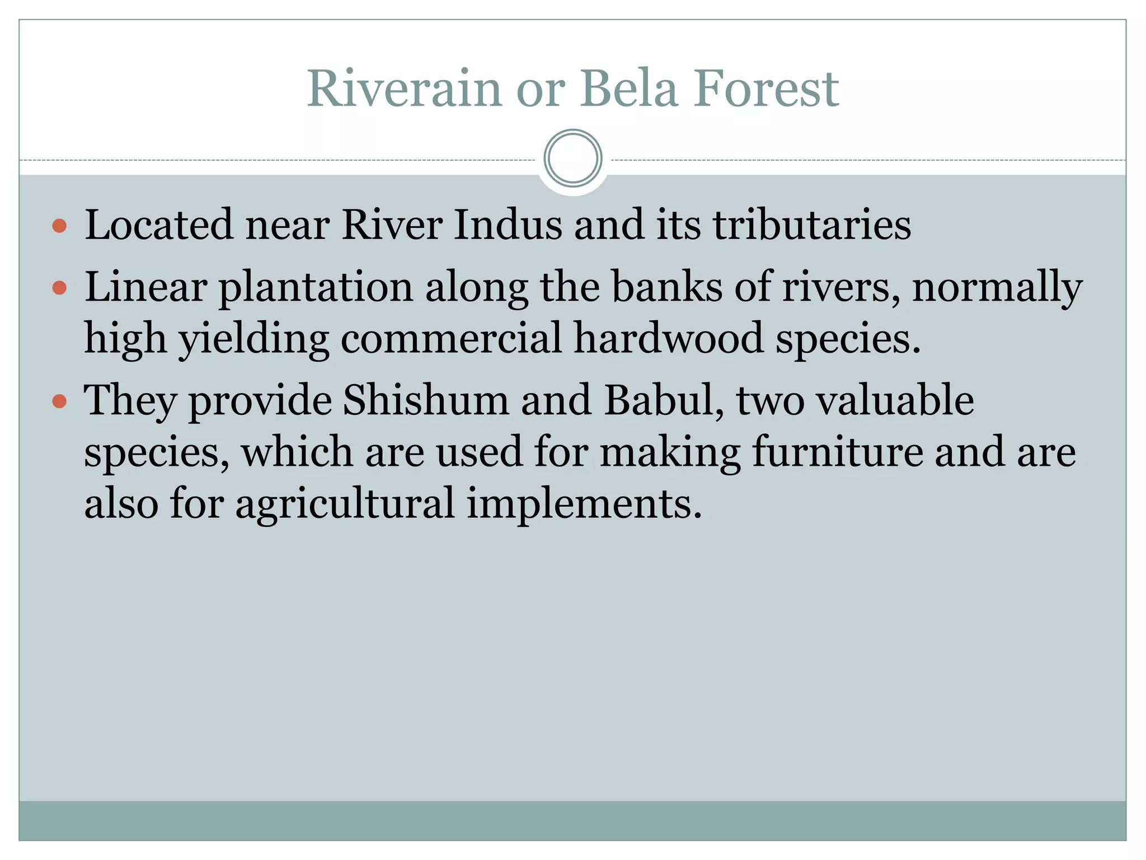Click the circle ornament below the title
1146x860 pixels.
pyautogui.click(x=573, y=158)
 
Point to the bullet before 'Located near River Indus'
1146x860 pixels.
pyautogui.click(x=59, y=226)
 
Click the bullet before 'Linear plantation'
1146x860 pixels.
pyautogui.click(x=59, y=288)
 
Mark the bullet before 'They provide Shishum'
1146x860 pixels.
pyautogui.click(x=59, y=401)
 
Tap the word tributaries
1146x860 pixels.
pyautogui.click(x=812, y=225)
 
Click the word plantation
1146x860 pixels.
pyautogui.click(x=316, y=288)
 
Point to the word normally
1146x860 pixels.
pyautogui.click(x=997, y=288)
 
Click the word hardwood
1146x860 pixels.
pyautogui.click(x=669, y=339)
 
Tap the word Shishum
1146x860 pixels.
pyautogui.click(x=426, y=400)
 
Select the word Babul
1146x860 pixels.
pyautogui.click(x=664, y=400)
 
